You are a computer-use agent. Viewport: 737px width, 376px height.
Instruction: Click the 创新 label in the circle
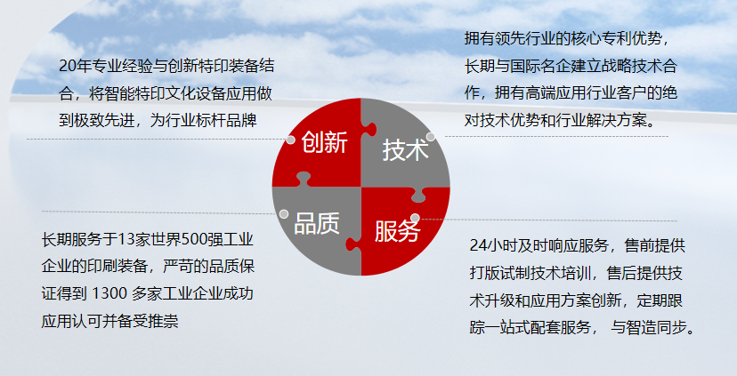[324, 141]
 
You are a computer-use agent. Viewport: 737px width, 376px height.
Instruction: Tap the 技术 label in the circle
[406, 150]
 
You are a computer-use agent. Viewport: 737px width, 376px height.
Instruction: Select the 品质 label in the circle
[317, 223]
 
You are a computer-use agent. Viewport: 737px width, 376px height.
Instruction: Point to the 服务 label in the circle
[397, 231]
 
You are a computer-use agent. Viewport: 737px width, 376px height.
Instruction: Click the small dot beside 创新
[290, 140]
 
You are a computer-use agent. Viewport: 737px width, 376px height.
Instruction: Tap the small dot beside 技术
[431, 137]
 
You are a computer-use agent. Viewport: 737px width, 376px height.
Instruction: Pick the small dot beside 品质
[283, 214]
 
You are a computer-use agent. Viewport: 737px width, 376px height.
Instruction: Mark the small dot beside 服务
[415, 218]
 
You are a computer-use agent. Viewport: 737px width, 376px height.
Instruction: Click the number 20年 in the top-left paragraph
[75, 66]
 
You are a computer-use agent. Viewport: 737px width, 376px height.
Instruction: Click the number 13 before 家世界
[126, 239]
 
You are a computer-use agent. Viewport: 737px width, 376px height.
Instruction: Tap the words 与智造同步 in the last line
[649, 327]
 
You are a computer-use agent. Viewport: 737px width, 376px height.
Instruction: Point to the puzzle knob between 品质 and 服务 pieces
[353, 244]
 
